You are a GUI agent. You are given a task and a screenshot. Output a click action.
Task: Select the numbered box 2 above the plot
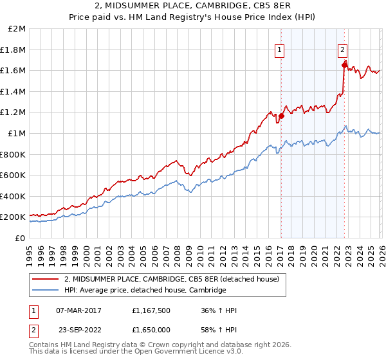pos(343,50)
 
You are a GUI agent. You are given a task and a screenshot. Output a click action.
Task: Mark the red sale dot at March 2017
pos(281,116)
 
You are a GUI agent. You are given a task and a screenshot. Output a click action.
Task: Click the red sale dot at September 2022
pos(344,65)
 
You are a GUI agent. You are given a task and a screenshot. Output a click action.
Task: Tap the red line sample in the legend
pos(46,280)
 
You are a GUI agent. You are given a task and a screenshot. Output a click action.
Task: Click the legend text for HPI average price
pos(145,291)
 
